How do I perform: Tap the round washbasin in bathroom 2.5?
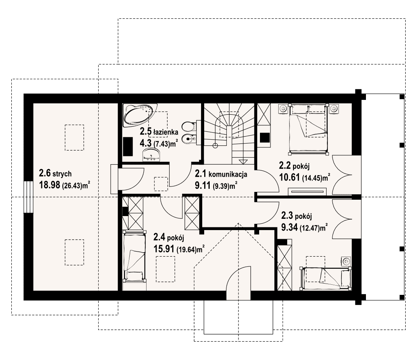[x=151, y=155]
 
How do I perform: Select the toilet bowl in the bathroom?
[x=189, y=127]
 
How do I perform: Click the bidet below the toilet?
[x=189, y=138]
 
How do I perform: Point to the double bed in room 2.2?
[x=308, y=129]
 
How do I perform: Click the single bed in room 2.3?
[x=325, y=278]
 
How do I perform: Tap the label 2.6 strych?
[x=55, y=174]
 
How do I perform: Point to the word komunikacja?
[x=228, y=174]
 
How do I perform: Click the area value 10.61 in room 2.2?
[x=290, y=177]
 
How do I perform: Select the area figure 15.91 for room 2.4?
[x=164, y=248]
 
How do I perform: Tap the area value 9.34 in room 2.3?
[x=289, y=227]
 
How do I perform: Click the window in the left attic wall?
[x=27, y=197]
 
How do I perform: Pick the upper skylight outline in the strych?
[x=74, y=138]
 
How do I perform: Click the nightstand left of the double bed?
[x=283, y=108]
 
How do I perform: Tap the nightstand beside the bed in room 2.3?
[x=346, y=262]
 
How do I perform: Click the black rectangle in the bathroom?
[x=128, y=146]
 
